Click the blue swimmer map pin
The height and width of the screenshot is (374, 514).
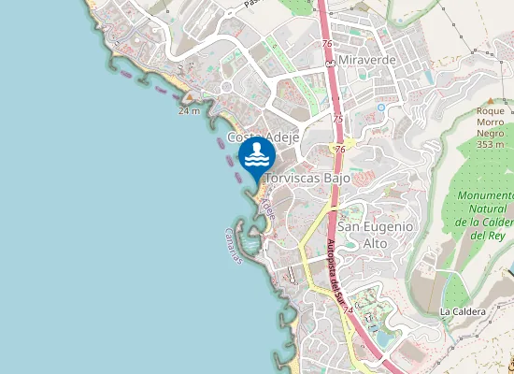(257, 157)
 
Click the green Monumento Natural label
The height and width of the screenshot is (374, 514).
(485, 215)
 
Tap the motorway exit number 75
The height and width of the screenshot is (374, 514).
(337, 120)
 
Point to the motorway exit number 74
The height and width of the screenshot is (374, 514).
(348, 309)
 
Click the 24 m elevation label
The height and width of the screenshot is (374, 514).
(189, 110)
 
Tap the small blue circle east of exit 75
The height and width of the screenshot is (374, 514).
(381, 108)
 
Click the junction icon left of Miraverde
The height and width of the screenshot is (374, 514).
(330, 61)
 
